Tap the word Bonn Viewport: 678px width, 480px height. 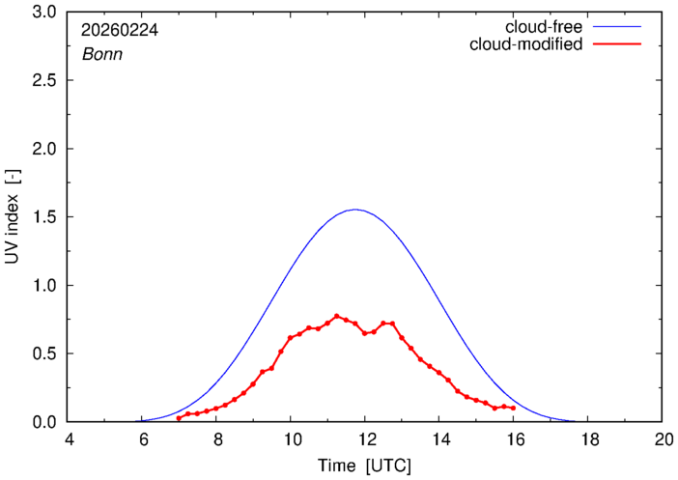(100, 54)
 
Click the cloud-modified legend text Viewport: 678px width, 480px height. (525, 44)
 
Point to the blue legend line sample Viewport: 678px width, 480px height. (619, 26)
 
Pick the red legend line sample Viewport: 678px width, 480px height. (619, 44)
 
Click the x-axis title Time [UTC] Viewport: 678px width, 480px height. (364, 465)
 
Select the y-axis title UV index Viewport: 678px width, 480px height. (14, 217)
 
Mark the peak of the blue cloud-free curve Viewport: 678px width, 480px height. (355, 210)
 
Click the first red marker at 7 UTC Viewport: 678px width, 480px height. (180, 417)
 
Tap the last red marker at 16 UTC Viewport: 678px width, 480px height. (513, 408)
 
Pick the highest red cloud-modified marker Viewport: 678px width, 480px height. (337, 316)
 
